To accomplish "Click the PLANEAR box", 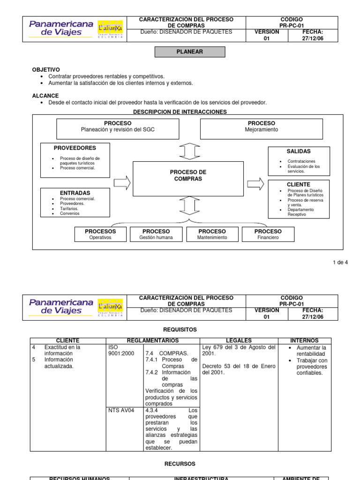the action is [x=190, y=52].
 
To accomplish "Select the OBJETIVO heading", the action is [x=45, y=69].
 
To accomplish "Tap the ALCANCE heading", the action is [x=45, y=96].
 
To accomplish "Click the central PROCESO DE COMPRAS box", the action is [x=188, y=176].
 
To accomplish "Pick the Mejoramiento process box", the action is [x=261, y=129].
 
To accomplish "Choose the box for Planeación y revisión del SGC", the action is [x=117, y=129].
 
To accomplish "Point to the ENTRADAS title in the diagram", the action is [x=75, y=193].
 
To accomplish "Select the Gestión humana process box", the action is [x=156, y=234].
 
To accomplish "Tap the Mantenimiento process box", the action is [x=212, y=234].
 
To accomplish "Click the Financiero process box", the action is [x=268, y=234].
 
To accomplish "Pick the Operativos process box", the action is [x=100, y=234].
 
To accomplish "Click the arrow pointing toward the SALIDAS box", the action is [x=255, y=184].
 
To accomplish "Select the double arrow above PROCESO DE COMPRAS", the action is [x=188, y=151].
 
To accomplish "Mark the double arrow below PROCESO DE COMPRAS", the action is [x=188, y=205].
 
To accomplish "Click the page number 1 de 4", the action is [x=340, y=262].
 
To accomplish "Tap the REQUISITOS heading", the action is [x=180, y=330].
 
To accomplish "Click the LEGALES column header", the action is [x=239, y=341].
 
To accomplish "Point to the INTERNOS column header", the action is [x=304, y=341].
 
